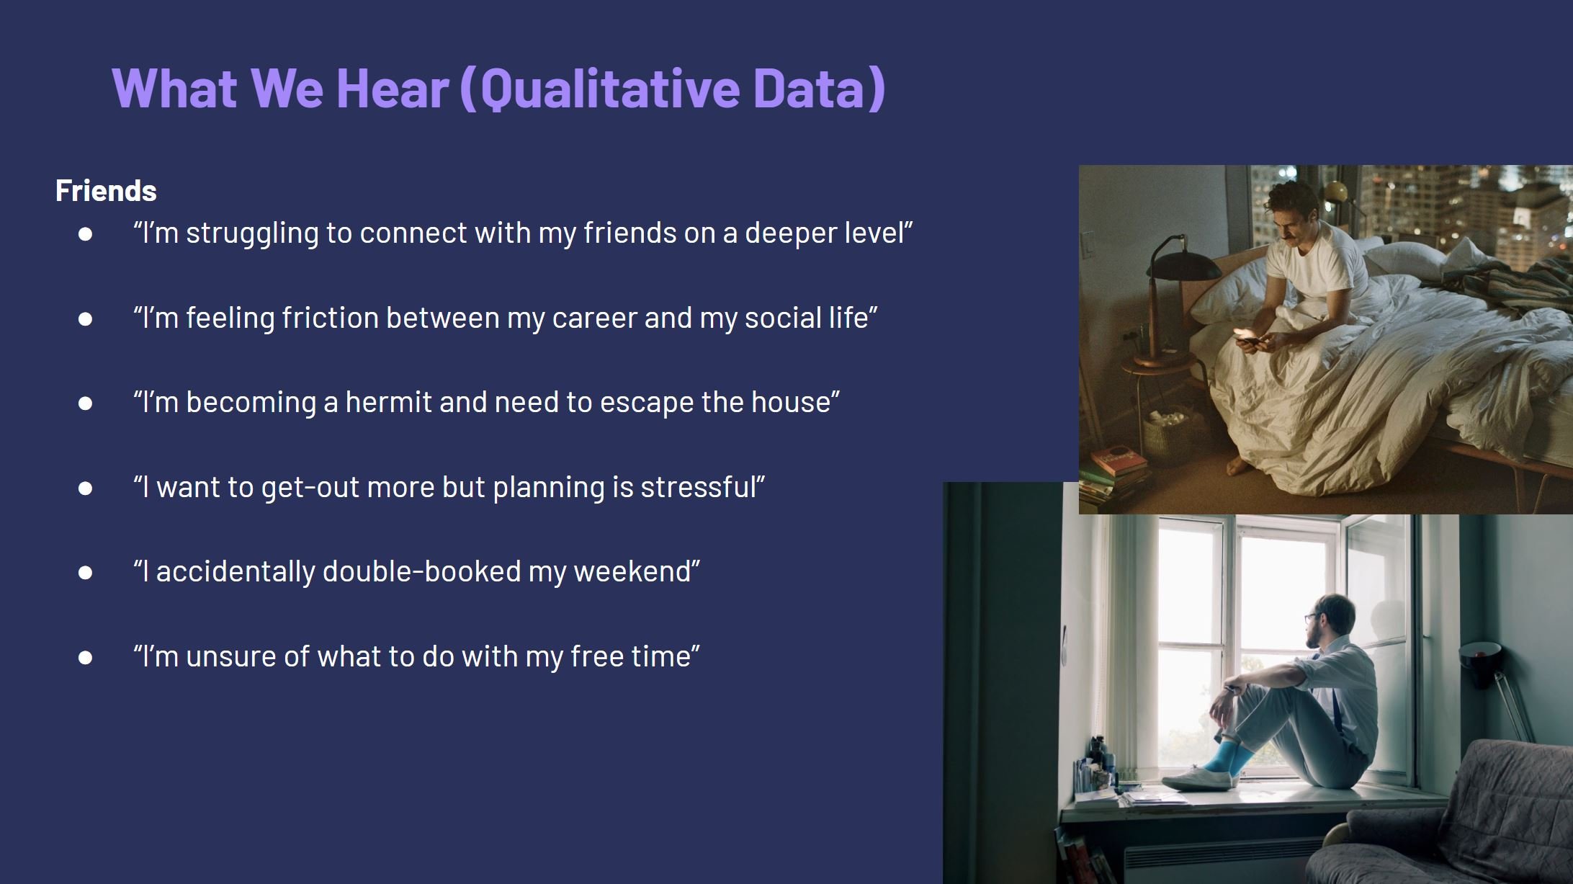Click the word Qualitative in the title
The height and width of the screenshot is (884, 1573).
point(610,89)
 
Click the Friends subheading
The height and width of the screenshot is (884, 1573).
point(106,191)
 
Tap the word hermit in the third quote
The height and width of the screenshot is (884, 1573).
point(389,401)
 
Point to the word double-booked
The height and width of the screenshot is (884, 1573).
point(421,571)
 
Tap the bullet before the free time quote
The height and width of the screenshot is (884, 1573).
point(85,657)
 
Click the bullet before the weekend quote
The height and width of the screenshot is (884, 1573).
point(85,572)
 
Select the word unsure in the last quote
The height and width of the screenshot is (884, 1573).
point(230,656)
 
